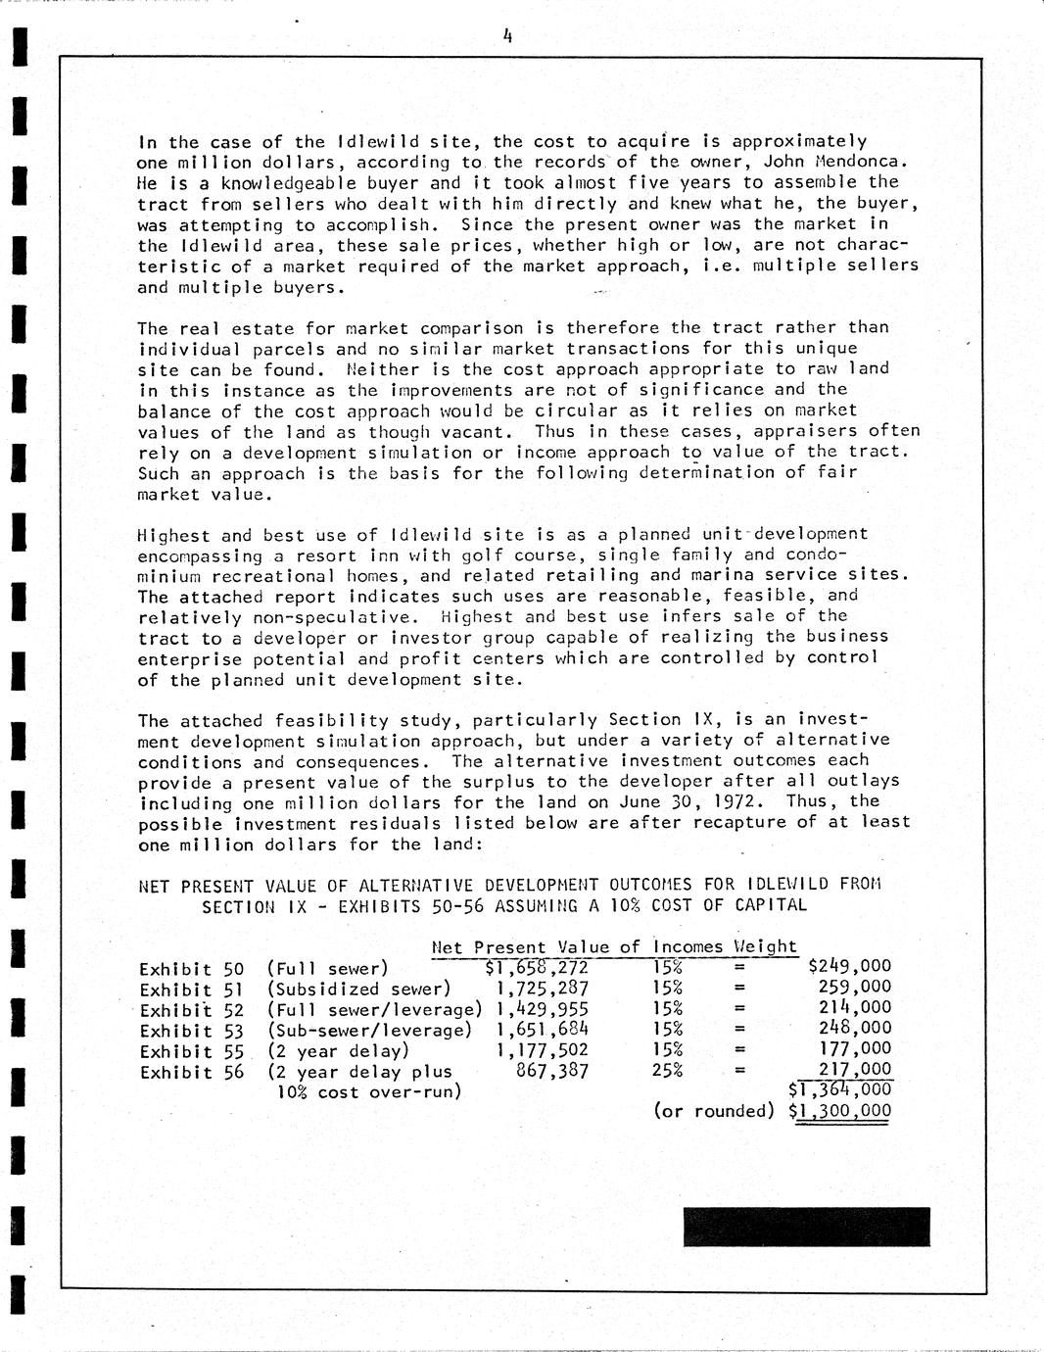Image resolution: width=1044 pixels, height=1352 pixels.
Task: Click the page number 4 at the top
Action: tap(507, 36)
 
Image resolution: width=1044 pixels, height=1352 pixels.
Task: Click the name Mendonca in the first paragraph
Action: tap(872, 162)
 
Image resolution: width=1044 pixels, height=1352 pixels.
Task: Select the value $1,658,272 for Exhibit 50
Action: tap(537, 968)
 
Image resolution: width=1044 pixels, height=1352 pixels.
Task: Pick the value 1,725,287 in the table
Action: tap(543, 988)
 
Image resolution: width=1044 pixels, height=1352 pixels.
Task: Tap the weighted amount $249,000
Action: tap(849, 967)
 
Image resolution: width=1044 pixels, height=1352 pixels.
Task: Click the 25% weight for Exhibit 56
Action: tap(667, 1070)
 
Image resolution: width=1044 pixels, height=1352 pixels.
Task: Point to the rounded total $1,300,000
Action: tap(840, 1111)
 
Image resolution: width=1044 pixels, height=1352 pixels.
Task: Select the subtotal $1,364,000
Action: tap(840, 1089)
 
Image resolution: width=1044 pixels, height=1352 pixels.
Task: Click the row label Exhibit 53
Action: tap(191, 1031)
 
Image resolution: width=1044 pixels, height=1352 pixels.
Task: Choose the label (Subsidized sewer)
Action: tap(358, 989)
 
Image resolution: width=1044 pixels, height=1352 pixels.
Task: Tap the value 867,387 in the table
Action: tap(551, 1071)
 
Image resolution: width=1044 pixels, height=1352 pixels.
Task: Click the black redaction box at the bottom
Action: tap(806, 1227)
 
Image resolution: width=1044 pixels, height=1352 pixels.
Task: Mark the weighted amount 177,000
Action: tap(855, 1050)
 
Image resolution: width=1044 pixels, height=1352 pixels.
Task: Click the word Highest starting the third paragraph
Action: tap(173, 535)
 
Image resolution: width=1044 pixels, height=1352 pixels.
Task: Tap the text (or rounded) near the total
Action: tap(714, 1111)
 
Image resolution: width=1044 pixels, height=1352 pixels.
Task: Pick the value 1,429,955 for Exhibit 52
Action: tap(543, 1009)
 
